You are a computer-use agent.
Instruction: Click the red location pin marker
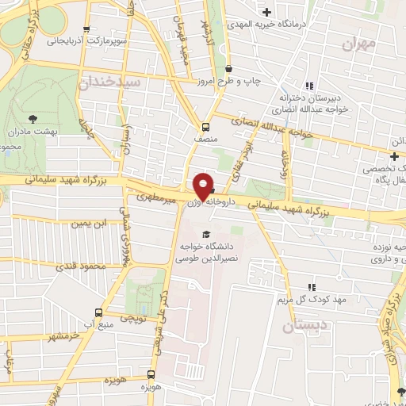[x=204, y=186]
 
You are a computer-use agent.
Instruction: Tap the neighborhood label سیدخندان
[x=110, y=82]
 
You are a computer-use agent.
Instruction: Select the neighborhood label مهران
[x=358, y=44]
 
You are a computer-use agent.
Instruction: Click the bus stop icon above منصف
[x=205, y=126]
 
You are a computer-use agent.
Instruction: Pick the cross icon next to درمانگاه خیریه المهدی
[x=267, y=11]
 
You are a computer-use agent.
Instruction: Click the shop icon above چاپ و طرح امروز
[x=228, y=70]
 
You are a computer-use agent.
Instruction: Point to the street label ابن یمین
[x=88, y=224]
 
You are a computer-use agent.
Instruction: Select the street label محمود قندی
[x=86, y=266]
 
